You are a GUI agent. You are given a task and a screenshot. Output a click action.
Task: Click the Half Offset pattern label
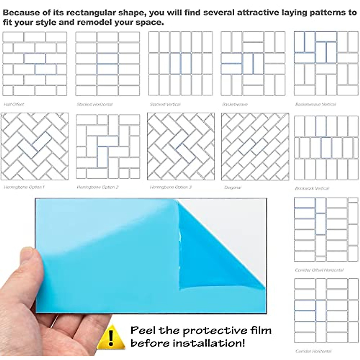14,104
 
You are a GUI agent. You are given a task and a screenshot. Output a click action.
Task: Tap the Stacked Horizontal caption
94,104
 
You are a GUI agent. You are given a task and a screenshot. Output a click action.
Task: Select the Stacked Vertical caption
165,104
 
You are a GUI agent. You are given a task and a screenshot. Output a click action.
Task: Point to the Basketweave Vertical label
316,104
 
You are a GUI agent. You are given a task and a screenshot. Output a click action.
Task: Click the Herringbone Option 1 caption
24,187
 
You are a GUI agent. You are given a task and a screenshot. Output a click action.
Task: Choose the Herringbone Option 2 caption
98,187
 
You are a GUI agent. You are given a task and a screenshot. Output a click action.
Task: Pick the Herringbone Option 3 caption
171,187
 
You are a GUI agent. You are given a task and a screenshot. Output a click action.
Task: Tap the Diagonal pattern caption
233,187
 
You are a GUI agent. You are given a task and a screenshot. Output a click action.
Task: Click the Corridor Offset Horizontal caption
319,270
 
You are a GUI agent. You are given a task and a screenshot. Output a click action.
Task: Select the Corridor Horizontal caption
313,351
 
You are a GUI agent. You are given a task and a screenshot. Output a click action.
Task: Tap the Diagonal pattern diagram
255,147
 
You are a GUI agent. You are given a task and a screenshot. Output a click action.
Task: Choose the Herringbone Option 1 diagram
34,147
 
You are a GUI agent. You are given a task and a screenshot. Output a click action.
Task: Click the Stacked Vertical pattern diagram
181,64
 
